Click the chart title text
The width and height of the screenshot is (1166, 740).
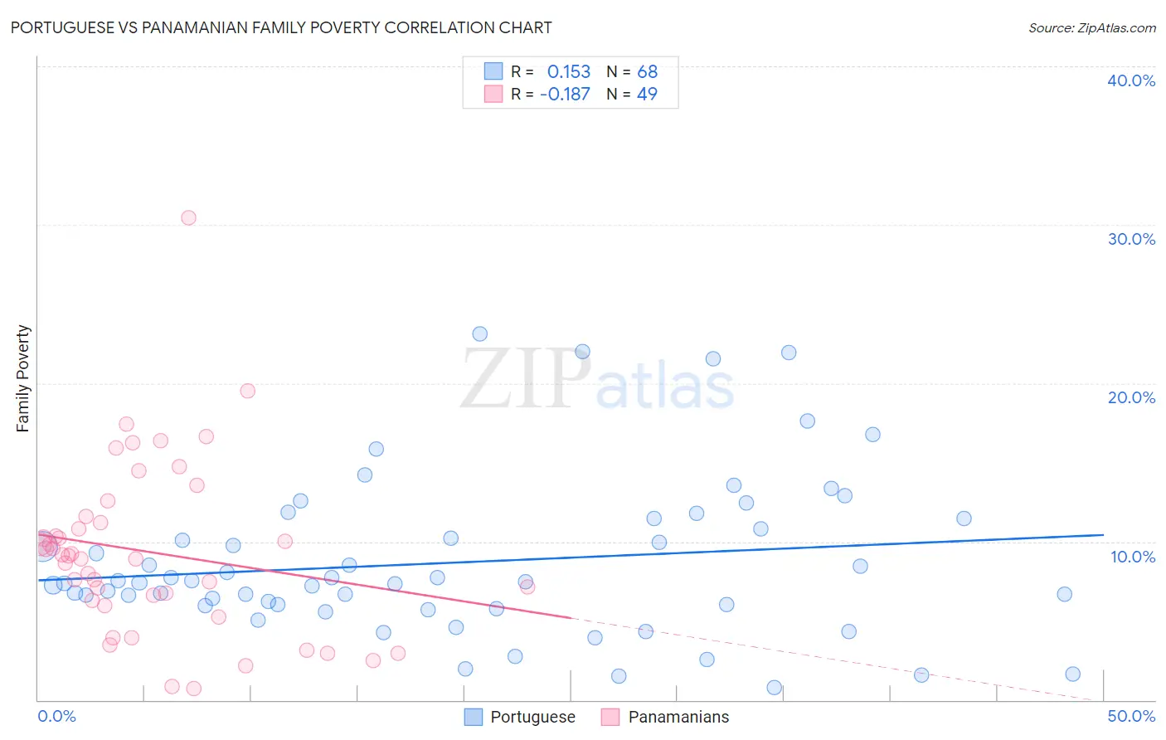pyautogui.click(x=281, y=27)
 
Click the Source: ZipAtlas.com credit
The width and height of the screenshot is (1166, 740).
pyautogui.click(x=1091, y=27)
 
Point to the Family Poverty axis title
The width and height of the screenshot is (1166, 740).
pyautogui.click(x=22, y=378)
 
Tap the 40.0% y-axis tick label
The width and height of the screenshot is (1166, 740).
pyautogui.click(x=1130, y=80)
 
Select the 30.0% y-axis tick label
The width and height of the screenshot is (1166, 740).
pyautogui.click(x=1130, y=239)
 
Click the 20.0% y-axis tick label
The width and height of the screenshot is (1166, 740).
pyautogui.click(x=1130, y=397)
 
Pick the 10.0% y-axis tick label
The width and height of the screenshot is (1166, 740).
pyautogui.click(x=1132, y=557)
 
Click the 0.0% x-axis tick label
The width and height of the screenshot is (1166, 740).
pyautogui.click(x=56, y=716)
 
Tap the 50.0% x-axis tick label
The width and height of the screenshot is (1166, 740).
pyautogui.click(x=1130, y=716)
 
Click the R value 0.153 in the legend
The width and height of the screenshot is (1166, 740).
pyautogui.click(x=568, y=72)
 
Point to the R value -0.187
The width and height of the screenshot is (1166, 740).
pyautogui.click(x=565, y=95)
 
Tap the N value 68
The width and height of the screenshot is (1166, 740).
pyautogui.click(x=647, y=72)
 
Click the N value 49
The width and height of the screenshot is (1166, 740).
pyautogui.click(x=647, y=95)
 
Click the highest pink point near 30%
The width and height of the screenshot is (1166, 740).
pyautogui.click(x=188, y=218)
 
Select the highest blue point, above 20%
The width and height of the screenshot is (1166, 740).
pyautogui.click(x=479, y=334)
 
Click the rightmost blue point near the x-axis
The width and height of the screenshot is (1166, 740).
pyautogui.click(x=1072, y=674)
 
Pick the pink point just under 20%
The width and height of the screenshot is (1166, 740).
pyautogui.click(x=247, y=391)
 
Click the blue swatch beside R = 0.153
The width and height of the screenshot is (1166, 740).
pyautogui.click(x=493, y=71)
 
